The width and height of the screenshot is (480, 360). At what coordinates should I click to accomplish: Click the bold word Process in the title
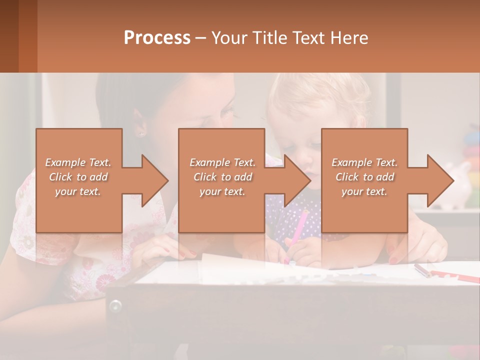[x=157, y=37]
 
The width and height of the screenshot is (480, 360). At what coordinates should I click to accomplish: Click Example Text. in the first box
[x=78, y=162]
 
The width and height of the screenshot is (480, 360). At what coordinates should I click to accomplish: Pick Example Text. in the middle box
[x=222, y=162]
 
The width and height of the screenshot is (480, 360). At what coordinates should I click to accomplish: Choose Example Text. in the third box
[x=364, y=162]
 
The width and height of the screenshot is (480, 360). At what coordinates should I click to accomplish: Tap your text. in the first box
[x=78, y=191]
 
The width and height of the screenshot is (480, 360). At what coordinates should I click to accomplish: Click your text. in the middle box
[x=222, y=191]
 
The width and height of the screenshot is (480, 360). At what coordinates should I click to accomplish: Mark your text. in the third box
[x=364, y=191]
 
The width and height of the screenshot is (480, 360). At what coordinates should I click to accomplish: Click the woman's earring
[x=141, y=134]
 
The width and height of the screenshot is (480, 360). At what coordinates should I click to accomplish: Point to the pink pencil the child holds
[x=298, y=227]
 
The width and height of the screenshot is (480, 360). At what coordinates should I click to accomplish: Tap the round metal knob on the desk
[x=115, y=305]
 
